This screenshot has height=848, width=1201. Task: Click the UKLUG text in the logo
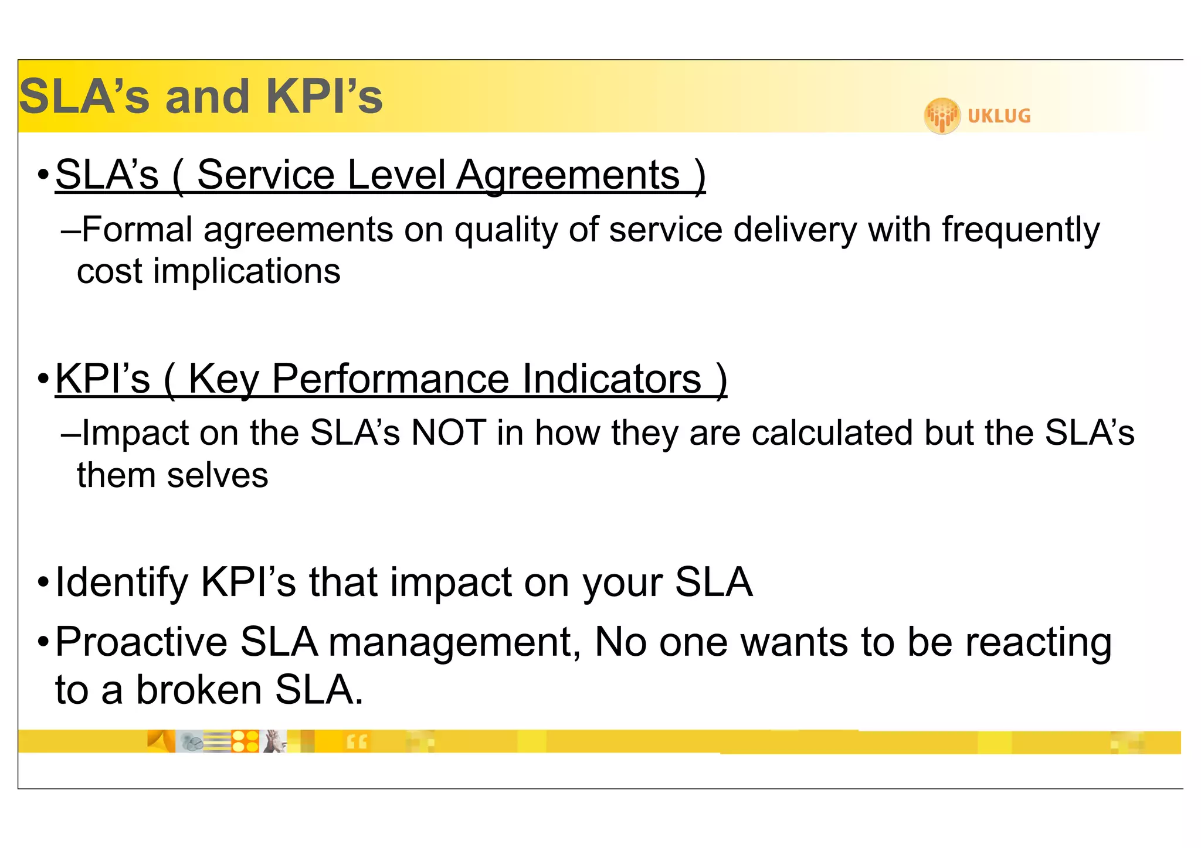pyautogui.click(x=999, y=116)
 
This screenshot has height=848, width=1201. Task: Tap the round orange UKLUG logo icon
pyautogui.click(x=942, y=115)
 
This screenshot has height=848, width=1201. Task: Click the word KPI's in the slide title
pyautogui.click(x=324, y=97)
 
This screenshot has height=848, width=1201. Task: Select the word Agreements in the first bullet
pyautogui.click(x=568, y=175)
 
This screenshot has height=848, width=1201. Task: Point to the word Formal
pyautogui.click(x=137, y=229)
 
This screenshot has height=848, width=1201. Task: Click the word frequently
pyautogui.click(x=1021, y=229)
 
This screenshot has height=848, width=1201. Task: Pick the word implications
pyautogui.click(x=246, y=271)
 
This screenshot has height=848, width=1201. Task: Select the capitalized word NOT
pyautogui.click(x=449, y=433)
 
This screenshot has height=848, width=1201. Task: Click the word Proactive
pyautogui.click(x=141, y=642)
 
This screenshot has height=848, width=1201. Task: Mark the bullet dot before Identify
pyautogui.click(x=43, y=583)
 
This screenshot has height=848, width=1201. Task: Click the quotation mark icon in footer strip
pyautogui.click(x=357, y=742)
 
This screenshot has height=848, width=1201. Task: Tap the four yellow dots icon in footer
pyautogui.click(x=245, y=741)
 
